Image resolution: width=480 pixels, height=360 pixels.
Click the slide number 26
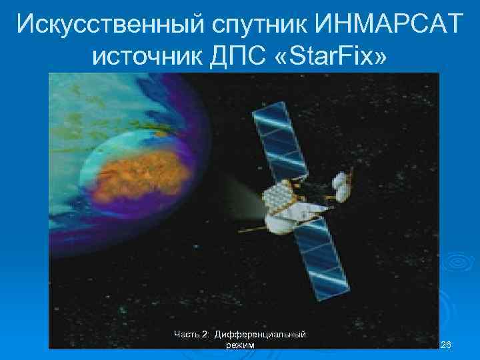tap(446, 345)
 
